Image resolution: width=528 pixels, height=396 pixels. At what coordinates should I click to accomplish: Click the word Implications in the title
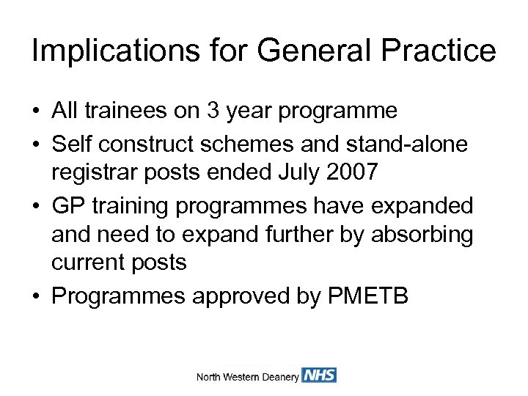[103, 51]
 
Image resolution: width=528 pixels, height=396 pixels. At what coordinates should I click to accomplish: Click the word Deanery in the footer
[281, 377]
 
